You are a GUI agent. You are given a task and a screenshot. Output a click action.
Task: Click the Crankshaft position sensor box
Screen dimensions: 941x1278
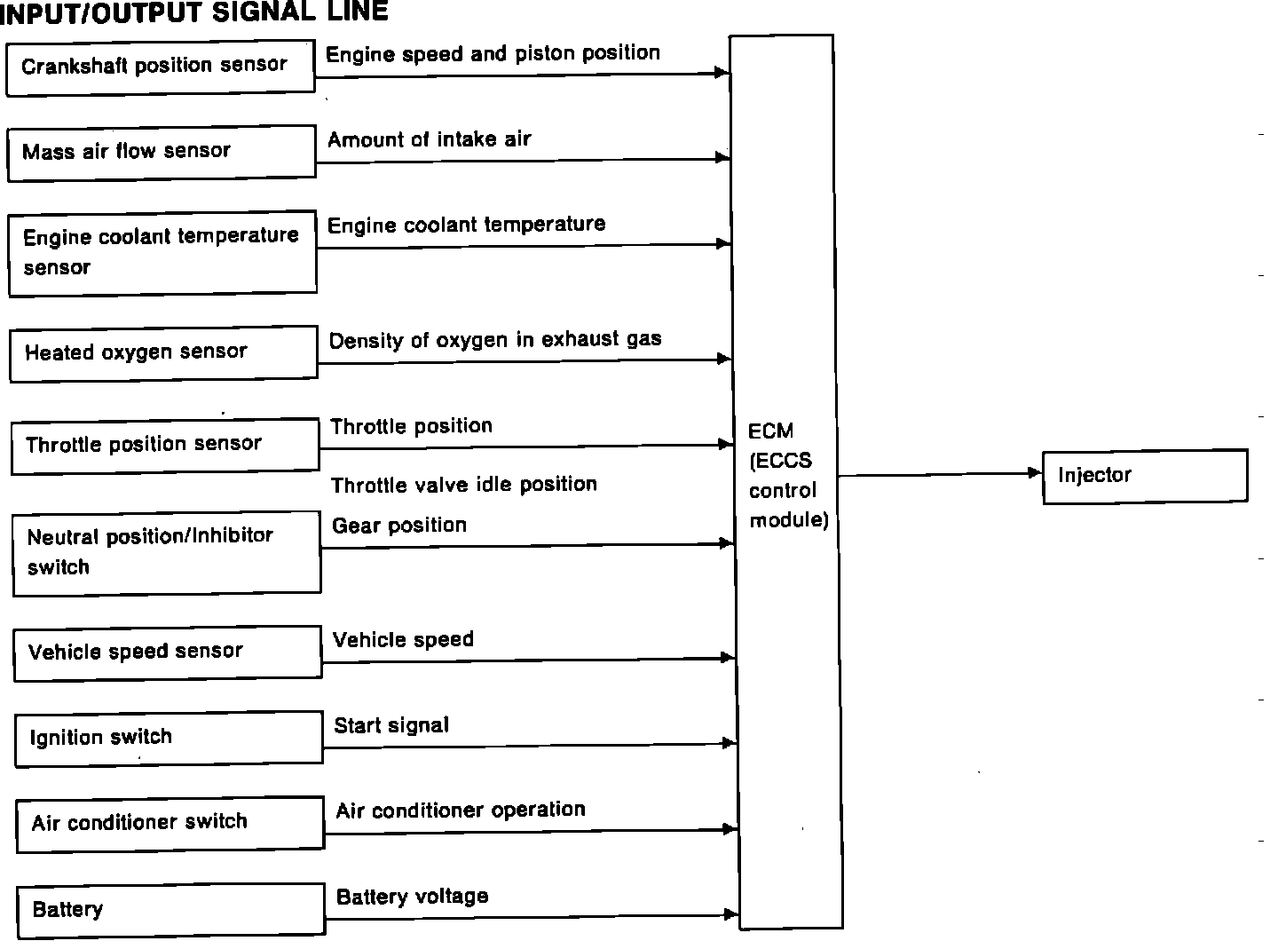click(x=160, y=67)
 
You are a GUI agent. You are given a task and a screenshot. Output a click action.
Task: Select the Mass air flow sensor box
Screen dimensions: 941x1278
click(x=161, y=152)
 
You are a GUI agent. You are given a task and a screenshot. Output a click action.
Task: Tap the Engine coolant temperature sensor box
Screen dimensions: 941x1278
click(x=162, y=252)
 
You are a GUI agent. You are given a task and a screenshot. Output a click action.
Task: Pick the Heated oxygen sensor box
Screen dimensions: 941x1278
click(x=163, y=353)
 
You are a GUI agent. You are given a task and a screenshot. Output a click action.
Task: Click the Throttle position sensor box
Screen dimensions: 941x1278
click(x=165, y=445)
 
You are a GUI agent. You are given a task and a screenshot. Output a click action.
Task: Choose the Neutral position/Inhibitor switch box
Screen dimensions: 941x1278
click(x=167, y=551)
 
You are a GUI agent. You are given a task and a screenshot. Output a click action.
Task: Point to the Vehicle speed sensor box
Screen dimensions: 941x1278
click(x=168, y=652)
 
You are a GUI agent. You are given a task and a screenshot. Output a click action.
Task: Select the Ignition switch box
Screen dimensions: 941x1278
click(x=169, y=738)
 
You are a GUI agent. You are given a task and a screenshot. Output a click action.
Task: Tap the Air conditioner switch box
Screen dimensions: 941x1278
click(x=170, y=823)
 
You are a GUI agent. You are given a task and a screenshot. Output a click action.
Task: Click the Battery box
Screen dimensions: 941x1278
click(x=170, y=910)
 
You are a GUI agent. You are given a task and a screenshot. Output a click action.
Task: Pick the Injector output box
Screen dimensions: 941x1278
click(x=1145, y=476)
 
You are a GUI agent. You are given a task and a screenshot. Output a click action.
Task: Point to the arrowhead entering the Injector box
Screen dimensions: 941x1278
click(x=1035, y=473)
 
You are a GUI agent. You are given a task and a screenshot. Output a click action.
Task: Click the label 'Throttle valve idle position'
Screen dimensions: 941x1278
click(x=464, y=485)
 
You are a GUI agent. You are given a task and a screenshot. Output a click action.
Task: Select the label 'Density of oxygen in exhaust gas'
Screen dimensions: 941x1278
click(x=495, y=340)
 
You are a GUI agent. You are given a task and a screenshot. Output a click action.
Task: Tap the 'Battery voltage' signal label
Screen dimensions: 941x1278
click(x=413, y=897)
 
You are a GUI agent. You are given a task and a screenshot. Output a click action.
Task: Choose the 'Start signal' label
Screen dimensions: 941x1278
click(x=391, y=725)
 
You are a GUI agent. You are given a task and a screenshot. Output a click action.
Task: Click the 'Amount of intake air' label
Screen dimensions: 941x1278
click(x=430, y=139)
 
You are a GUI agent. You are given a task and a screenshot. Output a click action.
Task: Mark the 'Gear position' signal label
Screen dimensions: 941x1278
click(x=399, y=526)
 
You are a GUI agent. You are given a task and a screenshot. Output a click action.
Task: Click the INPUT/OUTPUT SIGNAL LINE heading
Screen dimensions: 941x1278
click(x=195, y=12)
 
